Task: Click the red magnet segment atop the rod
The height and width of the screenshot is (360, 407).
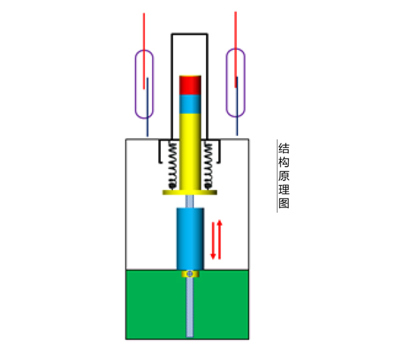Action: tap(190, 85)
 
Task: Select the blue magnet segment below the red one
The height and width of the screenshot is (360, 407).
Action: tap(190, 104)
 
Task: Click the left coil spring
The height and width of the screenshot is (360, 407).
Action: tap(172, 165)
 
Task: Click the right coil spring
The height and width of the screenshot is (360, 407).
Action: tap(208, 165)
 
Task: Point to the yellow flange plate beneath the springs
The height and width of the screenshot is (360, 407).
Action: tap(189, 192)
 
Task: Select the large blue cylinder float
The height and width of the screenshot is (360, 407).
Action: tap(190, 239)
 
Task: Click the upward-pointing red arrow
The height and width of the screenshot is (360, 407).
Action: tap(220, 239)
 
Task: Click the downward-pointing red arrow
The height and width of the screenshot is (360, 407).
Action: tap(213, 241)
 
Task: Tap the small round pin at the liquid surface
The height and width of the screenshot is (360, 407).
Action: tap(189, 273)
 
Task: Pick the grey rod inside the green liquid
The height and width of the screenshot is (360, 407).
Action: tap(190, 307)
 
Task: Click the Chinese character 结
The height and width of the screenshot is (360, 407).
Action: tap(284, 149)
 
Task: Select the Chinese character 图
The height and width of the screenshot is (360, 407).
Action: tap(284, 203)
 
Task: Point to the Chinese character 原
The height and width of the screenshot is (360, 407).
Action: tap(284, 176)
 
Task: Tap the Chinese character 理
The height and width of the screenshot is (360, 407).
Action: tap(284, 189)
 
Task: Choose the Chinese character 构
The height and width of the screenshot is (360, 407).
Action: tap(284, 163)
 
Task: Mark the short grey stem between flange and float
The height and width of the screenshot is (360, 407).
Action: tap(189, 201)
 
